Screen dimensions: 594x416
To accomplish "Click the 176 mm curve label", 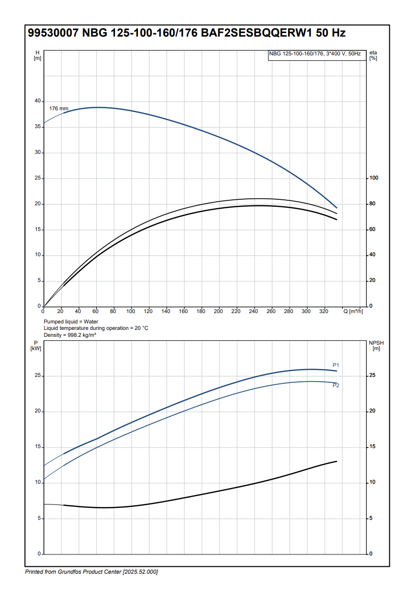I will pos(58,108).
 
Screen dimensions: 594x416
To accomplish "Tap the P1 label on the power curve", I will pos(336,365).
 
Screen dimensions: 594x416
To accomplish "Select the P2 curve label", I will pos(336,385).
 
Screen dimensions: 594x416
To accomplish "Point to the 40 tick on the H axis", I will pos(37,101).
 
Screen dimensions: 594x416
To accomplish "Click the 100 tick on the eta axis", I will pos(374,178).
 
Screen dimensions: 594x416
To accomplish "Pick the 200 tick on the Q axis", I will pos(218,311).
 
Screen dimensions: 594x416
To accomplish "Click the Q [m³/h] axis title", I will pos(353,311).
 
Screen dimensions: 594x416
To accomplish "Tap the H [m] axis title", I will pos(37,55).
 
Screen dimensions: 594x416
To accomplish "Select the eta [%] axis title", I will pos(373,55).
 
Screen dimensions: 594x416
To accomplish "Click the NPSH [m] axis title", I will pos(376,345).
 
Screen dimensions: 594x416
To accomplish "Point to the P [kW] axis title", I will pos(36,345).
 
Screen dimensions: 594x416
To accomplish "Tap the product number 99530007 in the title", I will pos(53,33).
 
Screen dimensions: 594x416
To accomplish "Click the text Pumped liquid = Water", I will pos(71,321).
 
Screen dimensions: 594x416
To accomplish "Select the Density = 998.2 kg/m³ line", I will pos(70,335).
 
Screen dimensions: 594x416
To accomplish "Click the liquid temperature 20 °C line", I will pos(96,328).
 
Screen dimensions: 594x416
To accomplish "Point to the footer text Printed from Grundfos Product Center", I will pos(91,572).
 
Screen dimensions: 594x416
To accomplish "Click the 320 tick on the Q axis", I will pos(324,311).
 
